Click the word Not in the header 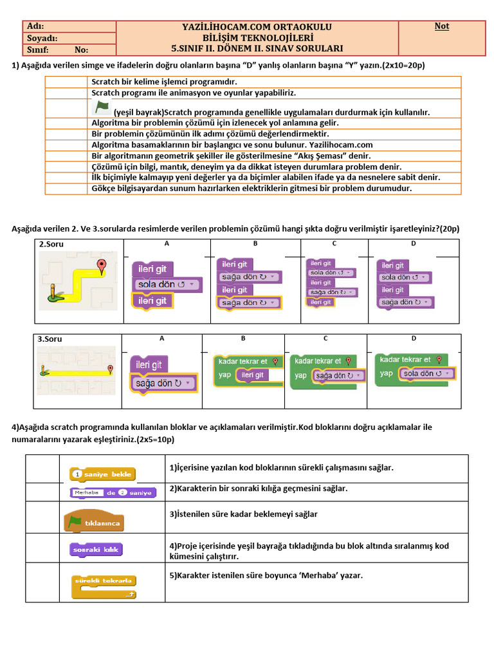(441, 26)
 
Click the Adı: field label (35, 26)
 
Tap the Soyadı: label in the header (42, 38)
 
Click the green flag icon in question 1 (102, 107)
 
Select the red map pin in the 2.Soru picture (101, 266)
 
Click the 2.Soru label (51, 244)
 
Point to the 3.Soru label (50, 339)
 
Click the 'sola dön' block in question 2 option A (167, 284)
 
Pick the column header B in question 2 (255, 243)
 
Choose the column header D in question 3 (414, 339)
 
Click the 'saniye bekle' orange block (102, 474)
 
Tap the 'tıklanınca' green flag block (95, 521)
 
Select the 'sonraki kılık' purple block (96, 550)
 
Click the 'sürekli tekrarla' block (104, 587)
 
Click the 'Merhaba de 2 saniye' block (113, 492)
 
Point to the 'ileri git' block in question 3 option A (149, 364)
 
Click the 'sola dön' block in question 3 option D (426, 373)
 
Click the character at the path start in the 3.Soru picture (44, 371)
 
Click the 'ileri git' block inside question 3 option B (252, 375)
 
